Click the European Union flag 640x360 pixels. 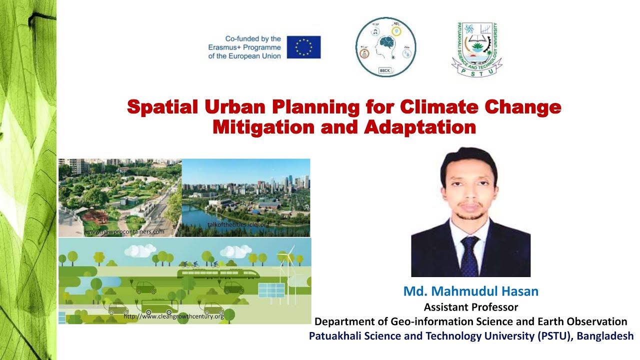(303, 47)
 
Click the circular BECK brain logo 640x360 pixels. (385, 47)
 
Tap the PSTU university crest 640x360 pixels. (476, 49)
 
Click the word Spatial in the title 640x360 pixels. (160, 107)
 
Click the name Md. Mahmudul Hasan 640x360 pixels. (470, 291)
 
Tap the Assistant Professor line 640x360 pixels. (470, 307)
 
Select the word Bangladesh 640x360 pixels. (605, 336)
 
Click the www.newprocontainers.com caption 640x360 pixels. (124, 232)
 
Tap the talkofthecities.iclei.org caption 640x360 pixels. (238, 225)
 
